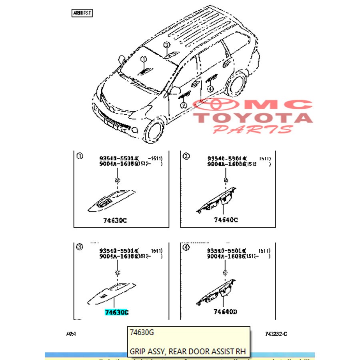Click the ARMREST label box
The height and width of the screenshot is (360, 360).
coord(82,13)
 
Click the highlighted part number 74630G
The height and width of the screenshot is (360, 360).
coord(117,312)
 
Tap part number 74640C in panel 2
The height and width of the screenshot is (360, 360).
coord(226,220)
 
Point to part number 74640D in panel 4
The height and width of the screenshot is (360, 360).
coord(225,312)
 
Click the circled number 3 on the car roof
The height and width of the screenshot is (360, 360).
coord(166,45)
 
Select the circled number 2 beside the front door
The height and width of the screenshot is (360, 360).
coord(183,105)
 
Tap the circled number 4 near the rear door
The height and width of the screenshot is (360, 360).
coord(210,90)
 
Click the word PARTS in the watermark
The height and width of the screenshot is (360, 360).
coord(253,129)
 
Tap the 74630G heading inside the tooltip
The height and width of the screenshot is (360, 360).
coord(142,332)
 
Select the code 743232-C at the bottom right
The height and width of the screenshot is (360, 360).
coord(276,334)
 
